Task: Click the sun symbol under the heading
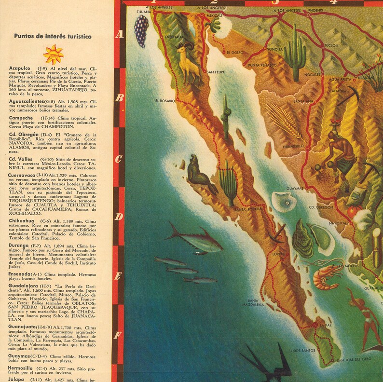point(53,54)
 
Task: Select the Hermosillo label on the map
point(293,146)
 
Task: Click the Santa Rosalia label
point(247,209)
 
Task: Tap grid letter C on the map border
point(118,159)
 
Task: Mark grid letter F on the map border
point(118,335)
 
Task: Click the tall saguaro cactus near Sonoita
point(294,53)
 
